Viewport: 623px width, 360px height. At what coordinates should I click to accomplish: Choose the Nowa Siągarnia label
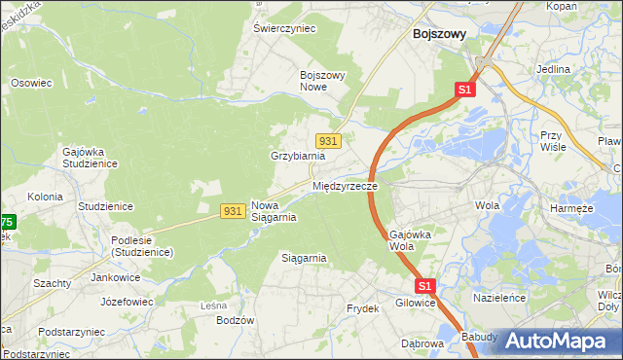[274, 211]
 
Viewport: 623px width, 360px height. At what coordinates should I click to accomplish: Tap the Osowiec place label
[30, 83]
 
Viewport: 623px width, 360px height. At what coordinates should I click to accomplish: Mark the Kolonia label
[45, 197]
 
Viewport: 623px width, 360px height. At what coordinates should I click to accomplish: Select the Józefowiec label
[126, 302]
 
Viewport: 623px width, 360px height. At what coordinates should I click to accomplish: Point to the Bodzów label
[236, 320]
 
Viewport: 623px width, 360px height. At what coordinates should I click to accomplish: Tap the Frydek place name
[362, 308]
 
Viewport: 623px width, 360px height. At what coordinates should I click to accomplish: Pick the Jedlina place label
[553, 70]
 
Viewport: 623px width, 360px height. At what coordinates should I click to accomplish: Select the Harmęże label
[571, 208]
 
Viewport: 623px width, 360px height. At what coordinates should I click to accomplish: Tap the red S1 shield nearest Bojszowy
[464, 90]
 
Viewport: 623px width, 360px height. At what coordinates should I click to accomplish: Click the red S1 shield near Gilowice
[424, 286]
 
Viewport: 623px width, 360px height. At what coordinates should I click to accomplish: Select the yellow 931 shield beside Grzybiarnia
[329, 141]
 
